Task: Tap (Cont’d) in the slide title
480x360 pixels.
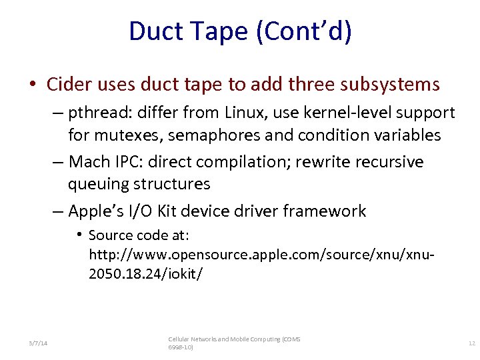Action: (303, 32)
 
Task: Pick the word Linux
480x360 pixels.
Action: (251, 113)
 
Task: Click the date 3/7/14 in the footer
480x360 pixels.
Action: (38, 343)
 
